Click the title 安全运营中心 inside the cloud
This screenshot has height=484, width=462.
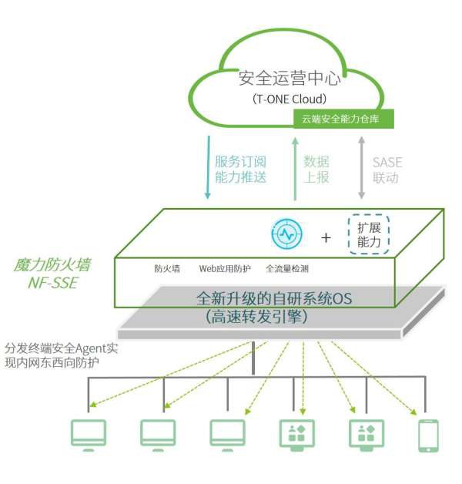290,78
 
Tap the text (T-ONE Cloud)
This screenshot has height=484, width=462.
290,99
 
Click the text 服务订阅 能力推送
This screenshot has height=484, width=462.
240,170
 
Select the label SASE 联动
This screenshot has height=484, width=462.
387,170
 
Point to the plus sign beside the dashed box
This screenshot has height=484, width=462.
326,237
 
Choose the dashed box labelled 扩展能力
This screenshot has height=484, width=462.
369,233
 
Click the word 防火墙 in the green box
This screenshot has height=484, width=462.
167,269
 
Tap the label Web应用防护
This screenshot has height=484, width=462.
225,269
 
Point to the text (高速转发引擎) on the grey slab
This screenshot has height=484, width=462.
262,316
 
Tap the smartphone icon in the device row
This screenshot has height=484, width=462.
427,435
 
